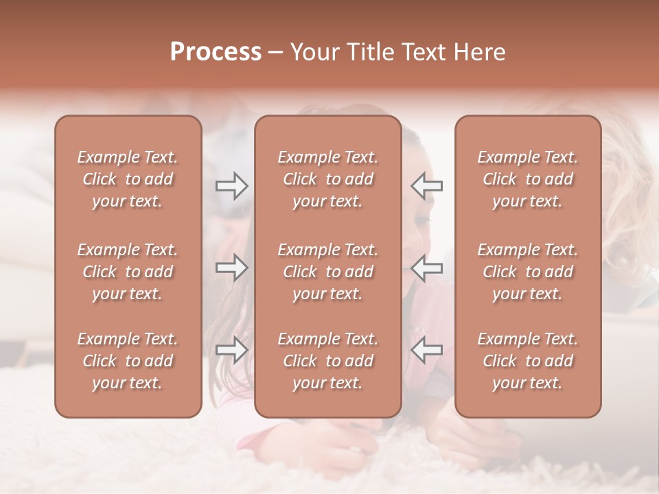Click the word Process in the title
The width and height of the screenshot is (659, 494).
click(216, 52)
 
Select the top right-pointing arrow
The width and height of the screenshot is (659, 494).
click(231, 186)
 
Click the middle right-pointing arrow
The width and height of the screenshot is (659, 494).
click(231, 268)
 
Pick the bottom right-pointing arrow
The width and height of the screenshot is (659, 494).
click(231, 350)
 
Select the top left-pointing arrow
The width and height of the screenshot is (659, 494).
click(426, 186)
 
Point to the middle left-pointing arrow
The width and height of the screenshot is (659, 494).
click(426, 268)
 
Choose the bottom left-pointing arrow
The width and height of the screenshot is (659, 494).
click(426, 350)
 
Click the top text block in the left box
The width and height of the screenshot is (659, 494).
click(128, 179)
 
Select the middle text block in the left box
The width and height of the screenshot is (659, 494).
click(128, 272)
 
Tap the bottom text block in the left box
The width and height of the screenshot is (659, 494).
click(128, 361)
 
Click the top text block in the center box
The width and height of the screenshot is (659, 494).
click(327, 179)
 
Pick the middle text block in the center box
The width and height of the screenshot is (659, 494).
click(327, 272)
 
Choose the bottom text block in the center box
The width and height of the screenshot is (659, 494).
click(327, 361)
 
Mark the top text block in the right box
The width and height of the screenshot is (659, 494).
click(527, 179)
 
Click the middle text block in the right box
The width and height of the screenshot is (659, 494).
click(527, 272)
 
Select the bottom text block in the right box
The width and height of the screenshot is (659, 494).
click(527, 361)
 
